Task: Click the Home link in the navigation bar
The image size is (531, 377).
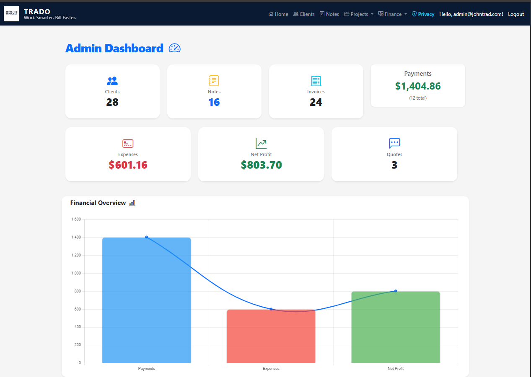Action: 278,14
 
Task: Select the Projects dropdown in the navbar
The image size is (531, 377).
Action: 359,14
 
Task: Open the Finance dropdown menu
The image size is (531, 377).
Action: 393,14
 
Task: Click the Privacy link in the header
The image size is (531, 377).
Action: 423,14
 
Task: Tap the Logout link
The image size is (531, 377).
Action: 516,14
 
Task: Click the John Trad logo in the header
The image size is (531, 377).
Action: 11,14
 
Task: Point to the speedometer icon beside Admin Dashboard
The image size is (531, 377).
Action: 174,48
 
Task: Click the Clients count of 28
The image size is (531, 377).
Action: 112,103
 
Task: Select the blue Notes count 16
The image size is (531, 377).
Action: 214,103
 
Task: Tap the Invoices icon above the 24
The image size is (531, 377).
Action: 316,81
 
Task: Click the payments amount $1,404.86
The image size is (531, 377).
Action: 418,86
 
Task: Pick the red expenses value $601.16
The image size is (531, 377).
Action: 128,165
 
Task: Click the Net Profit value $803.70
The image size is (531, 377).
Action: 261,165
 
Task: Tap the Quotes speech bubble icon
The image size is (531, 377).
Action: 394,143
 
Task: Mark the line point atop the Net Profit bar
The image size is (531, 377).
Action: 396,291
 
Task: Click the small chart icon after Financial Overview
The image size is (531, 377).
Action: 132,203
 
